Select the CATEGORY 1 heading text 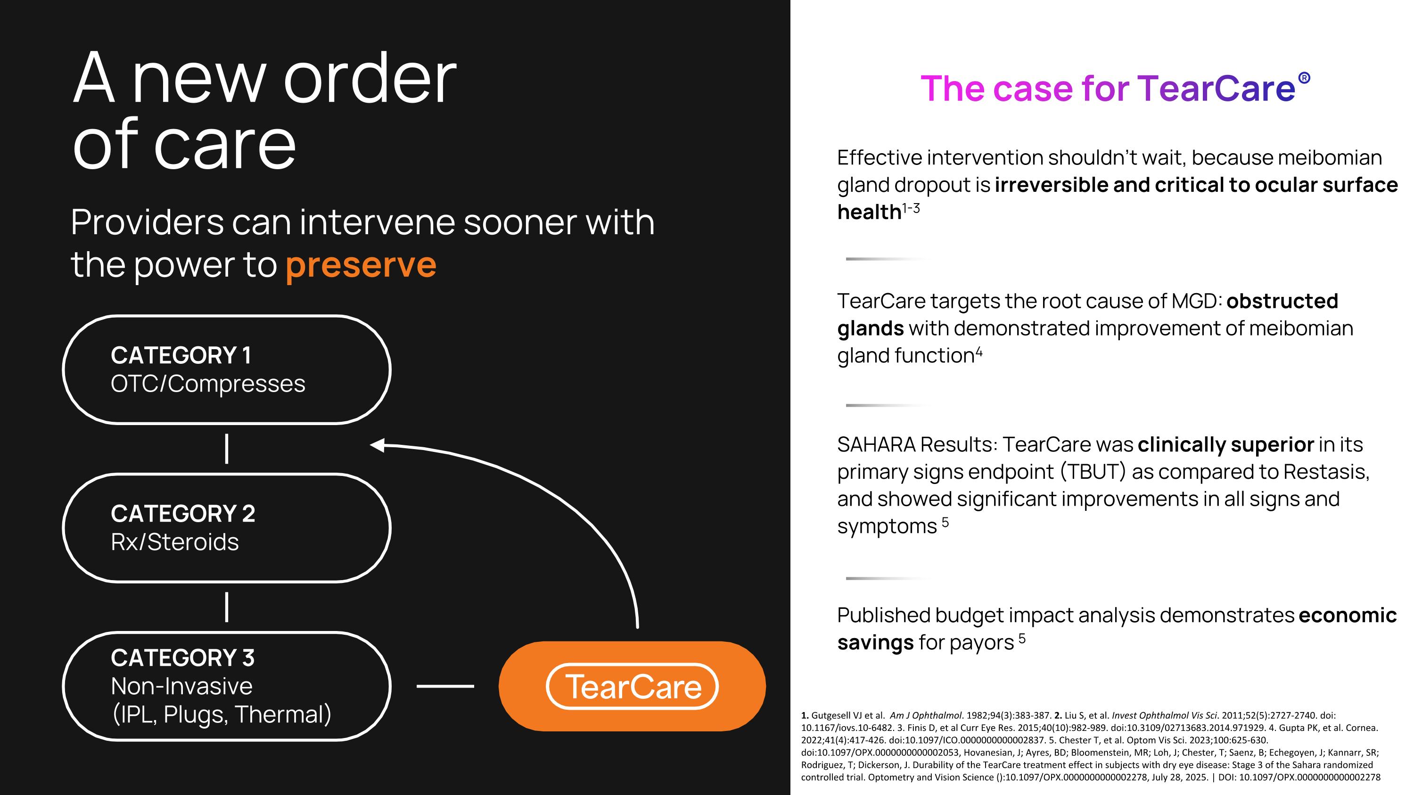tap(181, 355)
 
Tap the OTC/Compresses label tap(207, 384)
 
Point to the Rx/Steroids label tap(174, 542)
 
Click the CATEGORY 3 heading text tap(182, 658)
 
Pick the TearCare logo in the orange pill tap(633, 686)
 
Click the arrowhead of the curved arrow tap(378, 445)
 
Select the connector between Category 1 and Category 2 tap(227, 449)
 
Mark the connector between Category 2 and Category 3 tap(227, 607)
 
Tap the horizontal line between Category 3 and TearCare tap(445, 686)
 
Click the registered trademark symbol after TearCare tap(1304, 78)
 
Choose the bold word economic tap(1348, 615)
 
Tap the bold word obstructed tap(1282, 301)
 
